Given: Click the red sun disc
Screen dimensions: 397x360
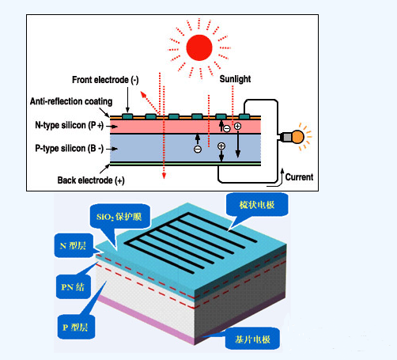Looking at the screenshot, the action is click(199, 47).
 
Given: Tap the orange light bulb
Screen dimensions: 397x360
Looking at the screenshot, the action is click(298, 137).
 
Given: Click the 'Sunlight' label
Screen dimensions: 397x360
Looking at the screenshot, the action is click(235, 79).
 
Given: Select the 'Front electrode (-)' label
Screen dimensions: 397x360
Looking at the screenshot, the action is click(105, 80).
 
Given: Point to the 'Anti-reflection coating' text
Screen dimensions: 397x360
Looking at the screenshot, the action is click(71, 101).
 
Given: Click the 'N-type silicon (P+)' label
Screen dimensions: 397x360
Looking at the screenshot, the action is click(70, 125).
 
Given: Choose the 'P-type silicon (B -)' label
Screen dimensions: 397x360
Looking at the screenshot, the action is click(69, 148).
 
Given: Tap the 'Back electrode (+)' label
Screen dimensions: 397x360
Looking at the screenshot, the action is click(91, 180).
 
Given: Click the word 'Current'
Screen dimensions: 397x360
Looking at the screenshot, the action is click(299, 177).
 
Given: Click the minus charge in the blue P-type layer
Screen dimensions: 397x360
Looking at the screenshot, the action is click(198, 150).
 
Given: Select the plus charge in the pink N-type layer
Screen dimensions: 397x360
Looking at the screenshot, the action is click(237, 126).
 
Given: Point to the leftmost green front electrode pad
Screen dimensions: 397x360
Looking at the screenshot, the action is click(127, 116).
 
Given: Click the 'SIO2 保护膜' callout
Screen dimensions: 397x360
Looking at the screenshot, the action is click(119, 217).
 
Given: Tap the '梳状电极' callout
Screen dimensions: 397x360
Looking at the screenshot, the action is click(257, 205).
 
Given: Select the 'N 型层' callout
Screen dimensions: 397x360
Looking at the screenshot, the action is click(73, 245).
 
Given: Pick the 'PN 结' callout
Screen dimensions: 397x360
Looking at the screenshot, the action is click(73, 287).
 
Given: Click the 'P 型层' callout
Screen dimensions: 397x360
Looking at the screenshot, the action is click(75, 328).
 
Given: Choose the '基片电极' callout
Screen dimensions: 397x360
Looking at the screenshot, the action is click(252, 339).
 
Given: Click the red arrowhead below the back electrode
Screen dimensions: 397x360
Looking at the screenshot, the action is click(164, 176).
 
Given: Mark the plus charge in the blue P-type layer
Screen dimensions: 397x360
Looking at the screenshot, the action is click(221, 146).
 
